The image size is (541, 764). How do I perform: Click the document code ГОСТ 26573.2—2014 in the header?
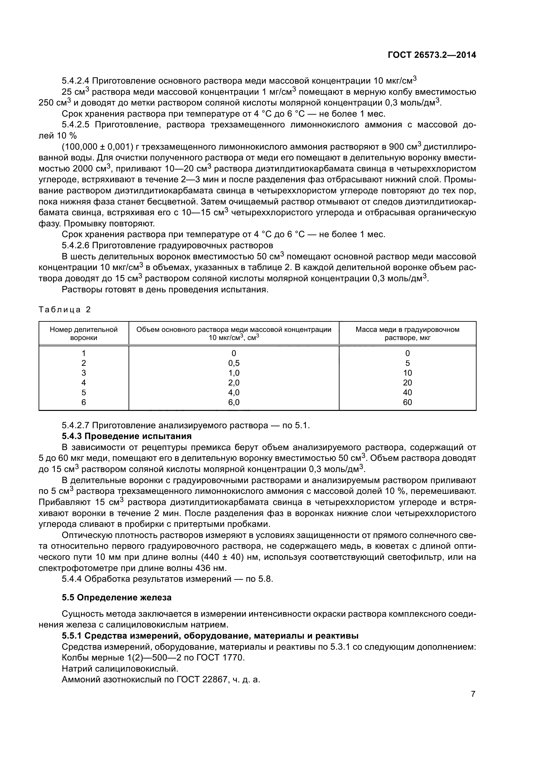coord(432,55)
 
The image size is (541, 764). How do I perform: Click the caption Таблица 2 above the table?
coord(65,310)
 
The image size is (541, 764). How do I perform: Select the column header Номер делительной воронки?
coord(84,333)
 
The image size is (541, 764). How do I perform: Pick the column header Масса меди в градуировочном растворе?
coord(407,333)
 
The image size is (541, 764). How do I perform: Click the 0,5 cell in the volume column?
coord(234,363)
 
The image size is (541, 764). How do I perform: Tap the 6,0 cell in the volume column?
coord(234,402)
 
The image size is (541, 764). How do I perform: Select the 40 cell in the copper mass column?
coord(407,392)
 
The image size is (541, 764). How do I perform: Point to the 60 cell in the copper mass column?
coord(407,402)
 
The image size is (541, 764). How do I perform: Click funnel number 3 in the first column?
coord(84,373)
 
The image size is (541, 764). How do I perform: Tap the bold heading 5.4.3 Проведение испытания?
coord(127,436)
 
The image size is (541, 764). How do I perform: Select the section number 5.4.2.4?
coord(76,81)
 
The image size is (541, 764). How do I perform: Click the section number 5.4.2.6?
coord(76,246)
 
